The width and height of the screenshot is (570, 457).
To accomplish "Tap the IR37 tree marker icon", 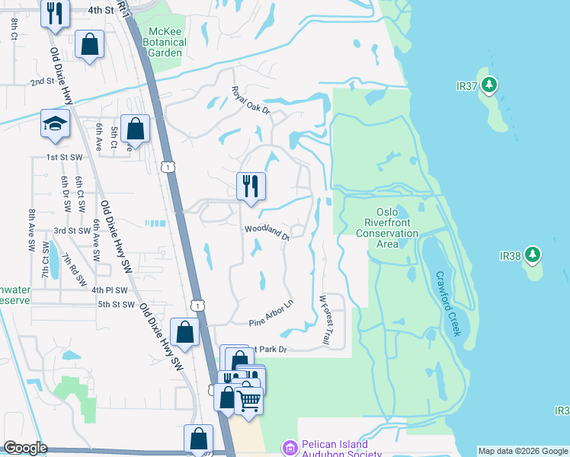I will pyautogui.click(x=491, y=85).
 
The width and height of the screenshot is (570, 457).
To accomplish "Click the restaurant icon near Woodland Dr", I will pyautogui.click(x=251, y=186).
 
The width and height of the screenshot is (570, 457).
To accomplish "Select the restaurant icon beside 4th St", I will pyautogui.click(x=54, y=13).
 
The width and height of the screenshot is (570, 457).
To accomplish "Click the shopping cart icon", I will pyautogui.click(x=249, y=399).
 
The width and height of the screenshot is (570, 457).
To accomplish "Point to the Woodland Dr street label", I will pyautogui.click(x=267, y=232).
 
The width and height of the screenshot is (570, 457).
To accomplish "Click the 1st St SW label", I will pyautogui.click(x=63, y=156).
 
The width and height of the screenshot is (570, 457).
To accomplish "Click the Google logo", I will pyautogui.click(x=24, y=448).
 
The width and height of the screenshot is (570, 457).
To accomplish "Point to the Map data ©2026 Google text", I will pyautogui.click(x=521, y=450).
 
